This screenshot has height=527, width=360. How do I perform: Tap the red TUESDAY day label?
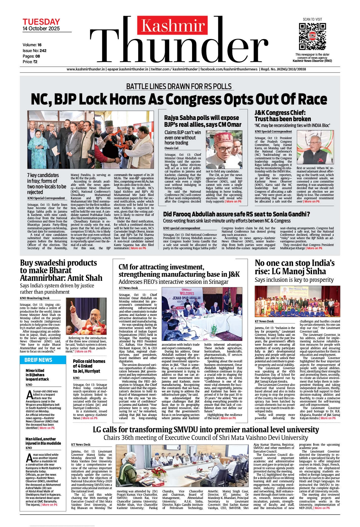(x=41, y=22)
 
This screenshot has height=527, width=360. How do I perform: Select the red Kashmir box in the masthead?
(x=173, y=26)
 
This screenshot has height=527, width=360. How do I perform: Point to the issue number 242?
(x=43, y=50)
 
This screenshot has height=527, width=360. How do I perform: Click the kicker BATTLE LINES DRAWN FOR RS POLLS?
(x=179, y=86)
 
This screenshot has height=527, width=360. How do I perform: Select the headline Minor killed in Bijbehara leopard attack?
(x=37, y=375)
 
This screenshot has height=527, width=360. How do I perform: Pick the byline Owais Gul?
(x=171, y=148)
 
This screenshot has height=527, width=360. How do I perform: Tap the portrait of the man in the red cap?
(x=224, y=150)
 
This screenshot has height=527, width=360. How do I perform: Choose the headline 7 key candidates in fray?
(x=46, y=184)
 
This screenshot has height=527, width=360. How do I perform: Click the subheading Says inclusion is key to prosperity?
(x=294, y=280)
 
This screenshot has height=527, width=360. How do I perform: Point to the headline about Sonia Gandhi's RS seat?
(x=236, y=214)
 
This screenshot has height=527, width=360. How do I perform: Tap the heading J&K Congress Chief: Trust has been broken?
(x=283, y=116)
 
